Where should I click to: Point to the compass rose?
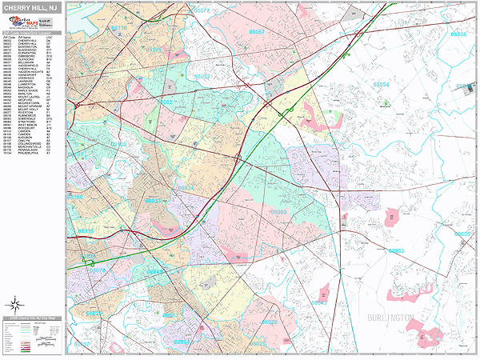point(15,304)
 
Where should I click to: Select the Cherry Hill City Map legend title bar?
point(32,318)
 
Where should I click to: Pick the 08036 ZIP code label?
point(458,35)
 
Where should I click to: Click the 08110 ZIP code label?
point(118,28)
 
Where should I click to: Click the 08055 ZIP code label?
point(462,234)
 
